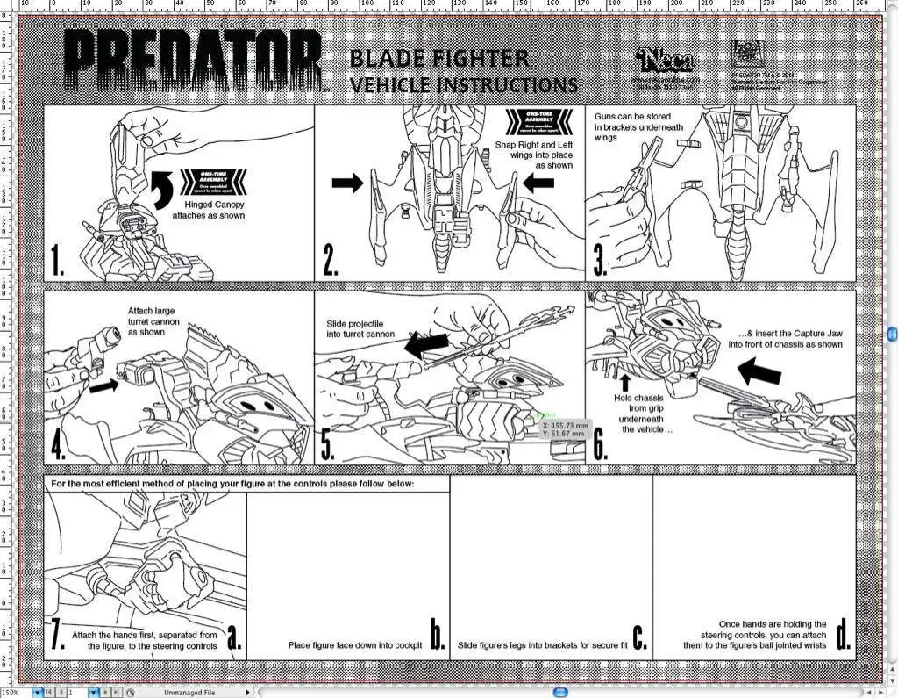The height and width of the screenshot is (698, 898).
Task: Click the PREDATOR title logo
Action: [x=195, y=61]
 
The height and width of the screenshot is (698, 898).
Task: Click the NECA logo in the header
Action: [x=666, y=60]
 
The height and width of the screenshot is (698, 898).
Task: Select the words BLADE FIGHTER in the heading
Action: [x=438, y=59]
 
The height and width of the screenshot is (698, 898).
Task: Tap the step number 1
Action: [x=58, y=261]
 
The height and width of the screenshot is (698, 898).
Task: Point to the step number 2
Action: [x=331, y=261]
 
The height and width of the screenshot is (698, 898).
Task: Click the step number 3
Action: [x=600, y=262]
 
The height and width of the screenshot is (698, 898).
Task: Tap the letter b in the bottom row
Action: [x=438, y=635]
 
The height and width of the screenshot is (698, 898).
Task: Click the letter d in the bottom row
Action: [x=843, y=635]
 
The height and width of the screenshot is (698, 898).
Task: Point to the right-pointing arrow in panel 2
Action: [x=347, y=183]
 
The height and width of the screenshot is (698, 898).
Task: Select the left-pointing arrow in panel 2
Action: [x=538, y=183]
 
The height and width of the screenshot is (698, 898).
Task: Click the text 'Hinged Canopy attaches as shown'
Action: [x=208, y=210]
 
